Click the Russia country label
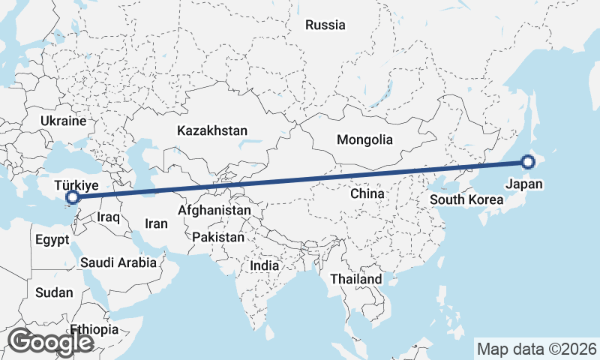325,25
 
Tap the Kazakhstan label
212,130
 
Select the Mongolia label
364,139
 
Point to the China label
367,193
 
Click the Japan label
524,184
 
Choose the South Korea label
466,200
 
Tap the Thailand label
356,279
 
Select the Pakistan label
218,237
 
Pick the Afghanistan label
214,211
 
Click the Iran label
156,223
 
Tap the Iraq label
109,217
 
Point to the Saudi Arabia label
118,262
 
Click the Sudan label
54,292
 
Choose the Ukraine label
64,121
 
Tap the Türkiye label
76,184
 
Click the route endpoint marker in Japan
528,161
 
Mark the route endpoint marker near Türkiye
73,197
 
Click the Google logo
50,342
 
